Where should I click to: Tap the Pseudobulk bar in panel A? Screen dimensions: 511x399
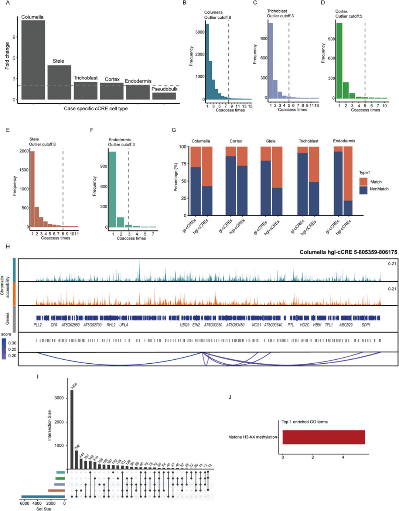(x=164, y=96)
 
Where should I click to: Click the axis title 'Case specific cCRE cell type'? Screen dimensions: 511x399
(x=96, y=109)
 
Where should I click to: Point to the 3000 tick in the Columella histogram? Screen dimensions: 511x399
(x=200, y=32)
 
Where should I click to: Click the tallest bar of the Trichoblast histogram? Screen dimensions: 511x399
(x=271, y=61)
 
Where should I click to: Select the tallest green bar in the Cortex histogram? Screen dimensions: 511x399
(x=339, y=61)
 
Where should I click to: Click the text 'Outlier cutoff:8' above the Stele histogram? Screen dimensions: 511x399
(x=42, y=144)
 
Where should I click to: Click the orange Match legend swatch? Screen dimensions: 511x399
(x=363, y=182)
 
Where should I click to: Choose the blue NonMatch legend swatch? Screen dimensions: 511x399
(x=363, y=190)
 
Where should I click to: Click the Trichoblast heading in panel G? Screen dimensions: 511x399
(x=308, y=141)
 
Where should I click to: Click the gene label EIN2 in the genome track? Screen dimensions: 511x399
(x=196, y=325)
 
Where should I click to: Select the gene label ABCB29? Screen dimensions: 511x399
(x=346, y=325)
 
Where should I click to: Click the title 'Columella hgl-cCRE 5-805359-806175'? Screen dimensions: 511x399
(x=348, y=252)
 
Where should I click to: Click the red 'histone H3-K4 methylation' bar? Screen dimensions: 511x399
(x=324, y=437)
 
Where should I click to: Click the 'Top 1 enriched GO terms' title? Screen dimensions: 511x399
(x=304, y=422)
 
